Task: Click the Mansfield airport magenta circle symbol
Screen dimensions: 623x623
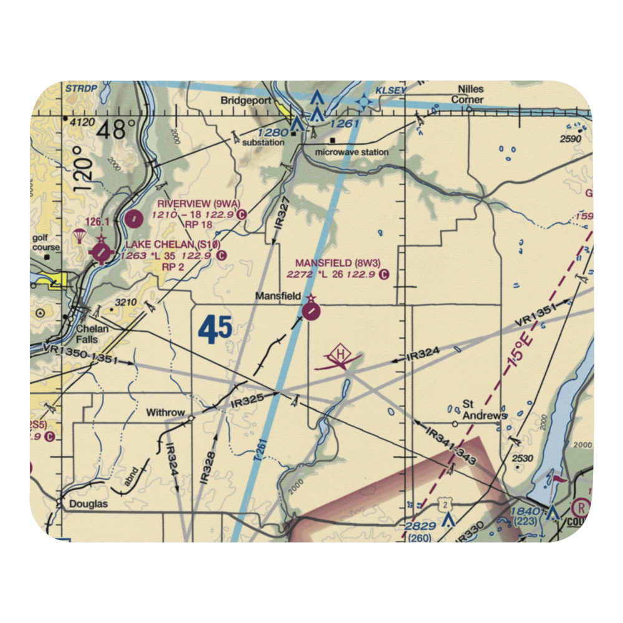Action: coord(311,310)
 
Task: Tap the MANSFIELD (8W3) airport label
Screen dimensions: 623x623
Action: coord(337,263)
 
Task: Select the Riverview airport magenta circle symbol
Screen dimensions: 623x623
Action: coord(133,219)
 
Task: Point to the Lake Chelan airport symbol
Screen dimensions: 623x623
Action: coord(102,253)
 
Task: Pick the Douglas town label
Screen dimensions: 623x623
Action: coord(88,503)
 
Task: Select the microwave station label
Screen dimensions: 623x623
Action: coord(351,152)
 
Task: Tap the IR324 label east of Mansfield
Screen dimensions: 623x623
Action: coord(422,356)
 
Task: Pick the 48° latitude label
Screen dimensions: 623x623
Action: coord(115,130)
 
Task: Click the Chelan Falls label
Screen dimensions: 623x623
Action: coord(93,334)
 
